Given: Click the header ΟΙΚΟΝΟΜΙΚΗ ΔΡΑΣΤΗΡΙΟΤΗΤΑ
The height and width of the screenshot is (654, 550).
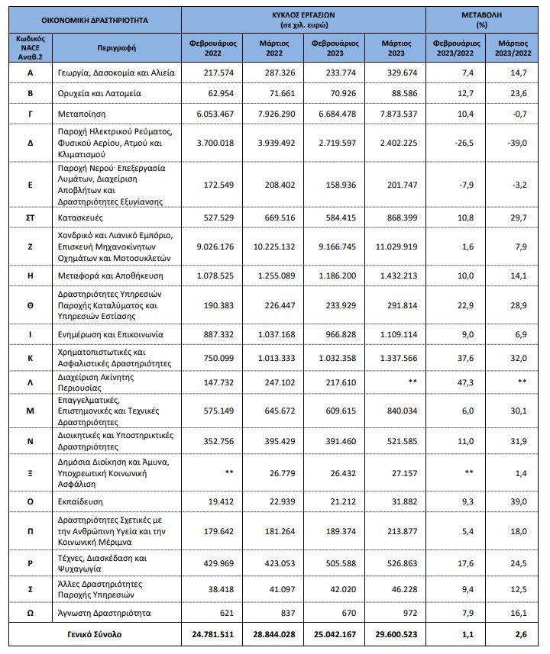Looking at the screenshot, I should pos(95,19).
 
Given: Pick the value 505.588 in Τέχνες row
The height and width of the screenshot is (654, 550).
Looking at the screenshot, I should pos(336,564).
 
